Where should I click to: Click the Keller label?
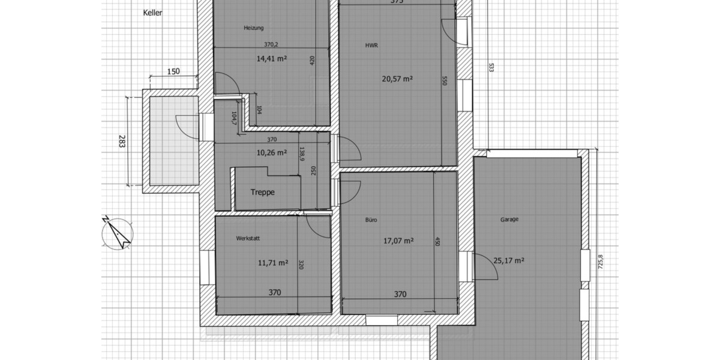pyautogui.click(x=154, y=13)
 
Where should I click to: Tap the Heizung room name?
pyautogui.click(x=254, y=28)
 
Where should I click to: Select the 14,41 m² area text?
pyautogui.click(x=271, y=59)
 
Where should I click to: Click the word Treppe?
pyautogui.click(x=263, y=193)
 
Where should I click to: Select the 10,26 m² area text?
pyautogui.click(x=272, y=152)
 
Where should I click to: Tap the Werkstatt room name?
pyautogui.click(x=248, y=238)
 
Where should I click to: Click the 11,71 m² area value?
pyautogui.click(x=272, y=262)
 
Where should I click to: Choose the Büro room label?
pyautogui.click(x=371, y=220)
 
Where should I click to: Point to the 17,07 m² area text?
pyautogui.click(x=398, y=241)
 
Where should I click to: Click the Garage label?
pyautogui.click(x=509, y=220)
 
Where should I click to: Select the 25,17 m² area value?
pyautogui.click(x=509, y=260)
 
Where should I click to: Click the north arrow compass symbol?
pyautogui.click(x=118, y=233)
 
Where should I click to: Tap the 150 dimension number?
pyautogui.click(x=173, y=71)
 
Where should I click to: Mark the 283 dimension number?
pyautogui.click(x=122, y=143)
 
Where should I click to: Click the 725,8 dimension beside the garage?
pyautogui.click(x=600, y=264)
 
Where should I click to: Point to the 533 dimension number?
pyautogui.click(x=491, y=67)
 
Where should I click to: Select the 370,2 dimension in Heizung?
pyautogui.click(x=272, y=44)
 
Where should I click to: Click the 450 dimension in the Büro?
pyautogui.click(x=437, y=242)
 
